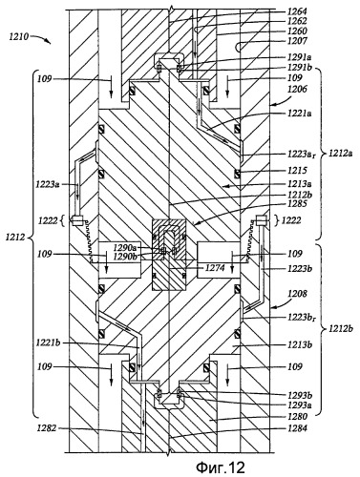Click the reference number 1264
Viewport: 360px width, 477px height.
297,11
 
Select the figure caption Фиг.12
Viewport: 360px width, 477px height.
221,467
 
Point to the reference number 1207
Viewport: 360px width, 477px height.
297,41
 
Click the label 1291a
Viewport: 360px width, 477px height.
299,57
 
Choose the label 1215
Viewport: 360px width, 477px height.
297,171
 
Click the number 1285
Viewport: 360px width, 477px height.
297,203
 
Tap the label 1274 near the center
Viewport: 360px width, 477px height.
214,268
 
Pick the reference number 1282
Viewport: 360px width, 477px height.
47,428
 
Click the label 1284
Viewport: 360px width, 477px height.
297,428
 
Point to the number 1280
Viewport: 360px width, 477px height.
297,416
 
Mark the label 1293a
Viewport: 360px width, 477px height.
299,405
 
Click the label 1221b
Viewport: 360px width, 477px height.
48,342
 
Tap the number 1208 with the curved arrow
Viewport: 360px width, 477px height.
297,294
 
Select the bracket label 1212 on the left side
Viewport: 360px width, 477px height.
15,237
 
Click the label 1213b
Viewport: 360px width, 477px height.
300,345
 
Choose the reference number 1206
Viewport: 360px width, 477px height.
297,90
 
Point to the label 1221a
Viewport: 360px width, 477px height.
299,114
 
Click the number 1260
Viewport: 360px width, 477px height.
297,31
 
